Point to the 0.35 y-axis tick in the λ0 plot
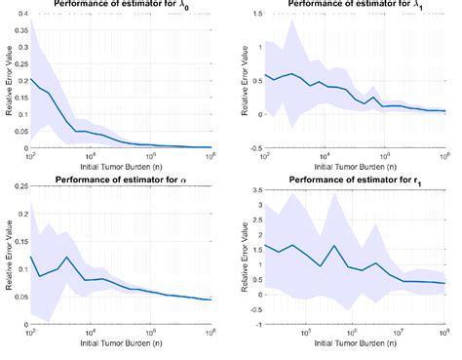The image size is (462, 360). click(19, 31)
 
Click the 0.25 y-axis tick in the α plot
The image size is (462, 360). click(19, 188)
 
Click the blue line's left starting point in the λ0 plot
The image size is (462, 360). click(31, 80)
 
